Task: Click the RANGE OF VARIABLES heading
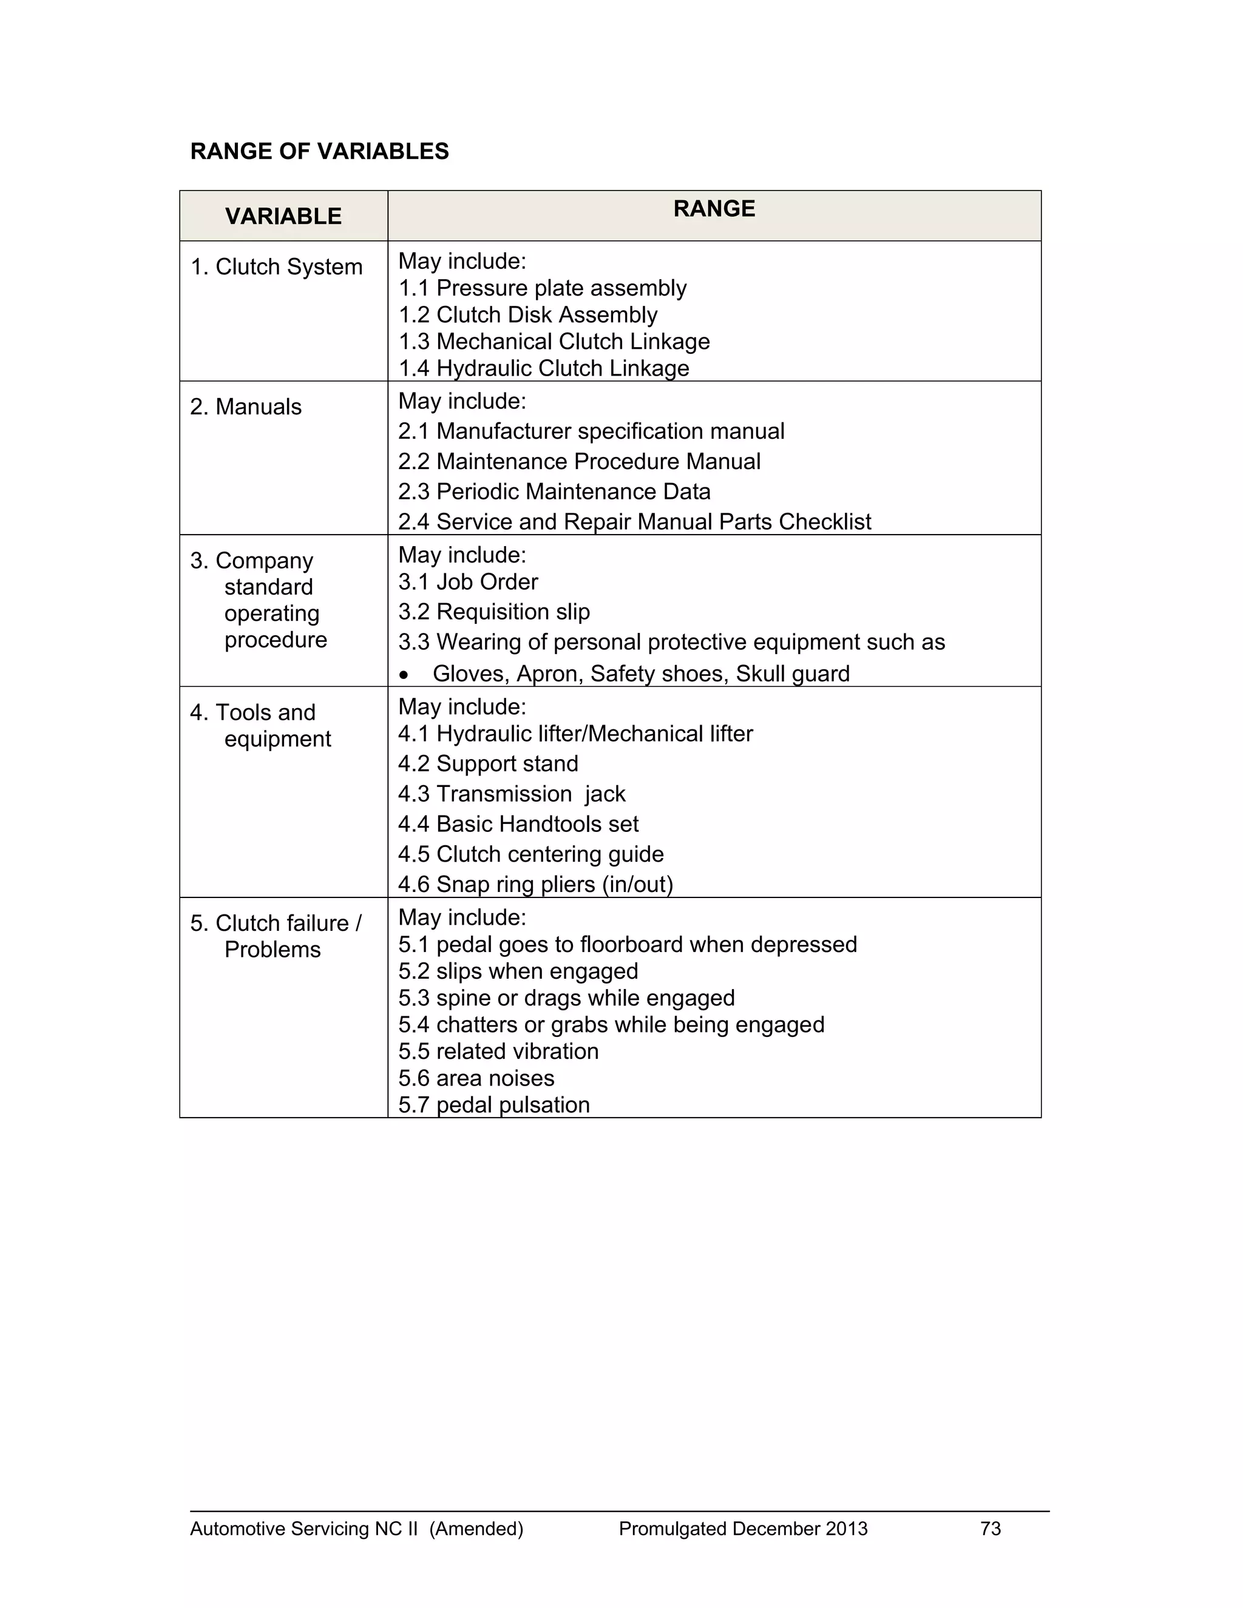click(319, 151)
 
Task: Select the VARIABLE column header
click(283, 216)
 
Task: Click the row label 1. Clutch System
click(276, 266)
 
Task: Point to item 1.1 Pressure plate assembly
click(542, 288)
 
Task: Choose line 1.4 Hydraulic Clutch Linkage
click(543, 368)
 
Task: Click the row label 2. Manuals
click(245, 407)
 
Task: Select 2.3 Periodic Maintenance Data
click(554, 491)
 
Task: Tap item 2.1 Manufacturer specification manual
click(591, 431)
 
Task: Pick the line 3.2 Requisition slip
click(493, 612)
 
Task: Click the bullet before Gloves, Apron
click(403, 674)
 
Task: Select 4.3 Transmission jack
click(511, 794)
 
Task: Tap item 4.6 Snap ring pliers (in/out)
click(535, 884)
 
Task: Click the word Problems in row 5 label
click(273, 950)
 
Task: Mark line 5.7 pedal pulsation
click(493, 1105)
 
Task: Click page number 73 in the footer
click(991, 1529)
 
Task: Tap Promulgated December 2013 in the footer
click(742, 1529)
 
